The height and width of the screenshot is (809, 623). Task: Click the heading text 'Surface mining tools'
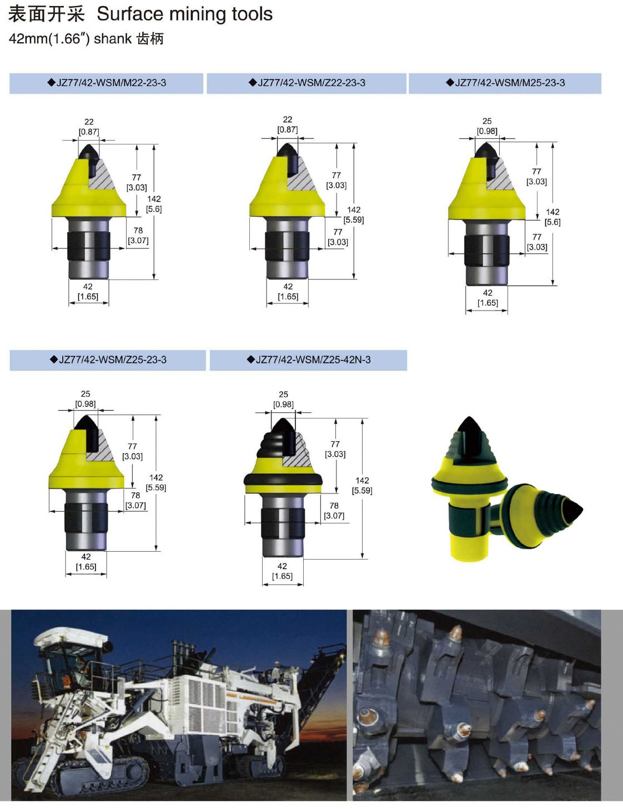[x=184, y=14]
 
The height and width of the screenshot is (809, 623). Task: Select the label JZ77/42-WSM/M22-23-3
[x=107, y=83]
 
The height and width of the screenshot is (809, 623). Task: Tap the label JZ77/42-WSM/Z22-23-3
[x=307, y=83]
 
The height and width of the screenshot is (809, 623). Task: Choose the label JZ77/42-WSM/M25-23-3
[x=505, y=83]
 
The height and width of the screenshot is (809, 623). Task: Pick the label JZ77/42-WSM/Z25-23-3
[x=108, y=359]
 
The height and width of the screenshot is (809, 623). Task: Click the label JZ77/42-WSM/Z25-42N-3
[x=309, y=359]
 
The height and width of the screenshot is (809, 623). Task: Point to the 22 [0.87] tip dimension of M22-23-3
[x=89, y=127]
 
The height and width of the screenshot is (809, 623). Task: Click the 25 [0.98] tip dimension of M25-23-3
[x=487, y=126]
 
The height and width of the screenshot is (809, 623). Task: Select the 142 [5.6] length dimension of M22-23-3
[x=154, y=204]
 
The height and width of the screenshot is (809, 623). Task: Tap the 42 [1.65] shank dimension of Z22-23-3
[x=288, y=292]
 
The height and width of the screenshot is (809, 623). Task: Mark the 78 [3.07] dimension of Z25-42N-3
[x=334, y=511]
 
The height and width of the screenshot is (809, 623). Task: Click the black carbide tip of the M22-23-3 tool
[x=89, y=153]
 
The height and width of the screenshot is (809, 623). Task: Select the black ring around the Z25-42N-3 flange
[x=283, y=480]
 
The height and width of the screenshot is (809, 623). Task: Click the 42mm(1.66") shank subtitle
[x=86, y=39]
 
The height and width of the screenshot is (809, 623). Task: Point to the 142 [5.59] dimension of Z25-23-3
[x=156, y=482]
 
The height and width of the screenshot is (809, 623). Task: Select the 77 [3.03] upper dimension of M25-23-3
[x=536, y=177]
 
